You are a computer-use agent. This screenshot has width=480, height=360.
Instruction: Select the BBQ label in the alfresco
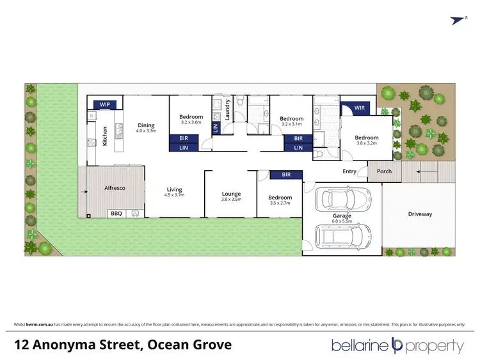[x=116, y=214]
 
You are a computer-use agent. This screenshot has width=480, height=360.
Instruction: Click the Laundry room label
[x=227, y=109]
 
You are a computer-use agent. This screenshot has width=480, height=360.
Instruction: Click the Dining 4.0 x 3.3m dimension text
[x=146, y=131]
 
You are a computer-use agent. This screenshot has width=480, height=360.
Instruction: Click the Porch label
[x=384, y=171]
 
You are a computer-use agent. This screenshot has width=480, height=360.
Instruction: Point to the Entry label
[x=349, y=171]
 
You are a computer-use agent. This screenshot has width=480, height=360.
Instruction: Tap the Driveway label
[x=420, y=214]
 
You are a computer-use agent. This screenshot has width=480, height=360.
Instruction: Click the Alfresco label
[x=114, y=188]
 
